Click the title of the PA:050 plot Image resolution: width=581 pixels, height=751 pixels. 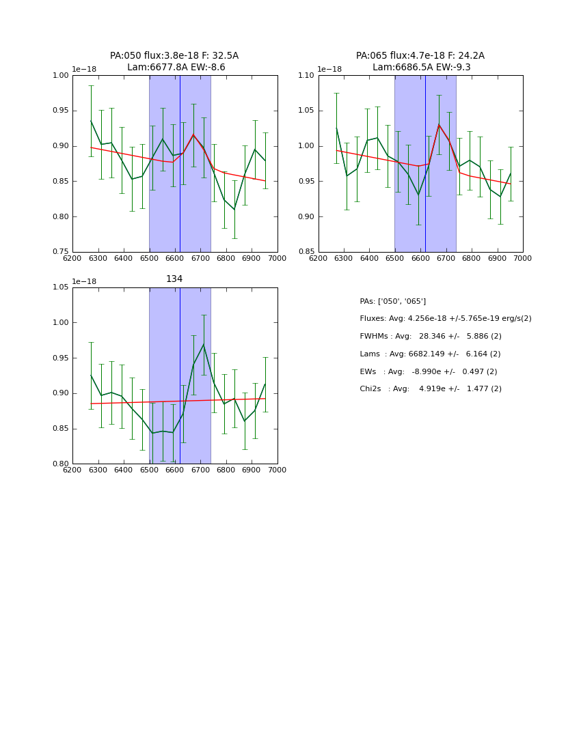pos(174,61)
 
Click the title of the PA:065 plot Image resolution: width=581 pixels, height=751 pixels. pos(420,61)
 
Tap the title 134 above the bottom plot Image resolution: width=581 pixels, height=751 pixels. pos(174,279)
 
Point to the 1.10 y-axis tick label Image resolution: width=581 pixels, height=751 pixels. pos(306,75)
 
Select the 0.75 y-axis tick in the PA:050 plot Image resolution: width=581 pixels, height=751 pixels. pos(60,252)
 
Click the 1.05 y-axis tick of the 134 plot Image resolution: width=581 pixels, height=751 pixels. pos(60,287)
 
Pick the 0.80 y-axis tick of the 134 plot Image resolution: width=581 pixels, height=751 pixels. pos(60,464)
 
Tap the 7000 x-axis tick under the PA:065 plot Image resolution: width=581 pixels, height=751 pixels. pos(522,259)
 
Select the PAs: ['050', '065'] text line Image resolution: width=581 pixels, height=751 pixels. pos(392,301)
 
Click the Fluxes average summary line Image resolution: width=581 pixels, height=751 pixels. pos(445,319)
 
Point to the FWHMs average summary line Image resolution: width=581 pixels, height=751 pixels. pos(430,337)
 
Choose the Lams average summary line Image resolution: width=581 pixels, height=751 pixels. pos(430,354)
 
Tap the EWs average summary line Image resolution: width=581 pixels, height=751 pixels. pos(428,371)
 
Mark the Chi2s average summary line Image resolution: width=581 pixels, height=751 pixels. pos(430,389)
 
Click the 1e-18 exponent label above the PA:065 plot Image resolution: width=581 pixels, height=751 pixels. pos(329,69)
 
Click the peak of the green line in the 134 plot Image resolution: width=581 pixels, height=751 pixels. pos(203,344)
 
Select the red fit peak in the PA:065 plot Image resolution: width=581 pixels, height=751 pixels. pos(439,124)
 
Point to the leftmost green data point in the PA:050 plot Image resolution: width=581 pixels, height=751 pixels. pos(91,121)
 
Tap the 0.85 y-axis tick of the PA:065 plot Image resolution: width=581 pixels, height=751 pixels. pos(306,252)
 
